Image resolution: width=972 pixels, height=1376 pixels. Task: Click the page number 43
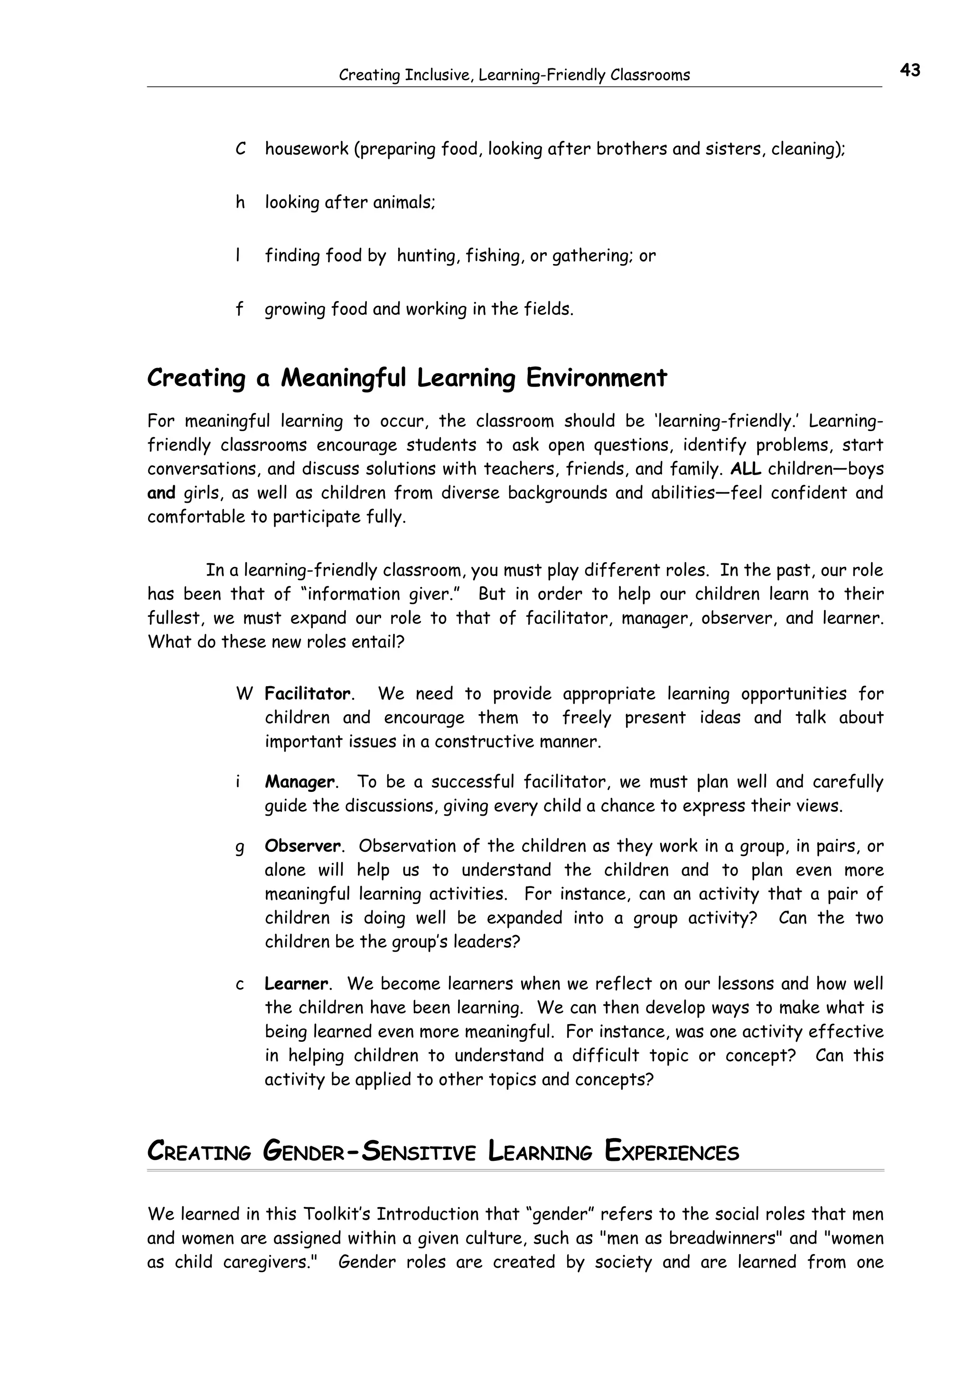pos(909,71)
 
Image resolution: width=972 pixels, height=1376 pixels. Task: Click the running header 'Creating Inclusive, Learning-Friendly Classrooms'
pos(514,75)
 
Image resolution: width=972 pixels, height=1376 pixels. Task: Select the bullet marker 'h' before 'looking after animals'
pos(240,203)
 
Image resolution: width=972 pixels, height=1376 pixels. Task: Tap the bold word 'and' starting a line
pos(161,493)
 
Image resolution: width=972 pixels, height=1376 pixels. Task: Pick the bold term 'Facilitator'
pos(307,694)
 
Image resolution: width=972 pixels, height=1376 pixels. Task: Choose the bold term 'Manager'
pos(299,782)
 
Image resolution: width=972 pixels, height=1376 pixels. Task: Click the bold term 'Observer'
pos(302,846)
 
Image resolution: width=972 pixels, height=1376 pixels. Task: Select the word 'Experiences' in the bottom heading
pos(672,1152)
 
